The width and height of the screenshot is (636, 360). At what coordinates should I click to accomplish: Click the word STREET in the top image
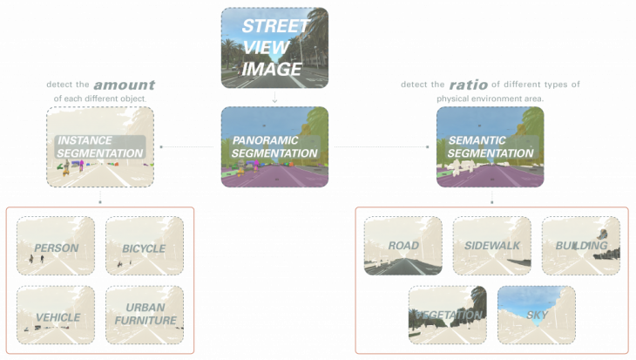click(x=275, y=25)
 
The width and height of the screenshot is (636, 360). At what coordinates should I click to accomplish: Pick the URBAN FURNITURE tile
click(x=144, y=315)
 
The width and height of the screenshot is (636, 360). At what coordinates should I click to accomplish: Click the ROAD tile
click(x=403, y=246)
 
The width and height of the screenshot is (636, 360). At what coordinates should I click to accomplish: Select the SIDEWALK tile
click(x=491, y=246)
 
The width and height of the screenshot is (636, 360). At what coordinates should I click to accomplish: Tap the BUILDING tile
click(x=580, y=246)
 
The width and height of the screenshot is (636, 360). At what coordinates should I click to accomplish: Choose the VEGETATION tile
click(x=448, y=315)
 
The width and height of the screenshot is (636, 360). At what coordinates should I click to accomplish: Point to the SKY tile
click(x=536, y=315)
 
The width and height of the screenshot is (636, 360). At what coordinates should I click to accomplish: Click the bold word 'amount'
click(x=125, y=85)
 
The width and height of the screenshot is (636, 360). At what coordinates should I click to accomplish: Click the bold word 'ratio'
click(x=462, y=85)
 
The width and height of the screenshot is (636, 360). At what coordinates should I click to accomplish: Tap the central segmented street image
click(x=274, y=146)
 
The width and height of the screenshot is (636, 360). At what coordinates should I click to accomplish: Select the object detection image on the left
click(x=99, y=146)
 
